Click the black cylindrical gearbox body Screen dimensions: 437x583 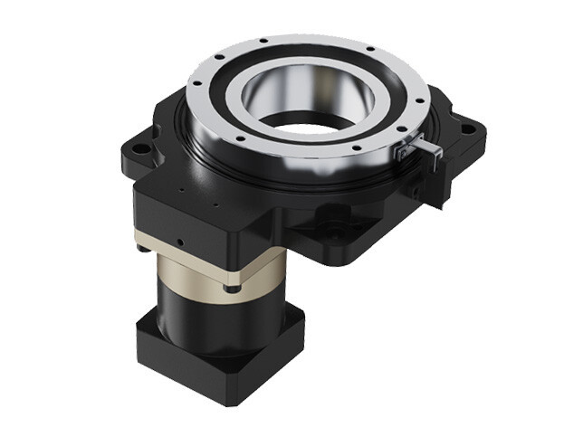click(x=217, y=312)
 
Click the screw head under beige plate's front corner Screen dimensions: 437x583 click(x=234, y=287)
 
